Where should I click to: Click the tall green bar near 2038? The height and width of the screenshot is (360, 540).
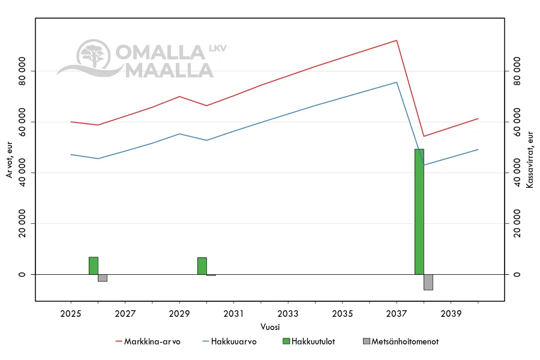pos(419,211)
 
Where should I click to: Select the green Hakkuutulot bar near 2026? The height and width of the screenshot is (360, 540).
pos(94,266)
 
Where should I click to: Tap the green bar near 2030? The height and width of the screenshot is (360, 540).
pos(202,266)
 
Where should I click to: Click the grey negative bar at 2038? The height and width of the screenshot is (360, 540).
pos(428,282)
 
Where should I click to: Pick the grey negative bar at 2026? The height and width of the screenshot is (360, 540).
pos(103,278)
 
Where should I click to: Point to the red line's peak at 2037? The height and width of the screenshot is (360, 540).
pos(397,40)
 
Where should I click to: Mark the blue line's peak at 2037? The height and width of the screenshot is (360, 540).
pos(397,82)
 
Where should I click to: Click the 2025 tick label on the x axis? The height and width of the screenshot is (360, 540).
pos(71,313)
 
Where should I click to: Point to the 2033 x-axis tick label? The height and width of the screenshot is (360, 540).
pos(288,313)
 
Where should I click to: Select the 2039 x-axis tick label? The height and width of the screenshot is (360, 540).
pos(451,313)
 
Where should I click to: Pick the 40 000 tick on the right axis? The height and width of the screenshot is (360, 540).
pos(516,173)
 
